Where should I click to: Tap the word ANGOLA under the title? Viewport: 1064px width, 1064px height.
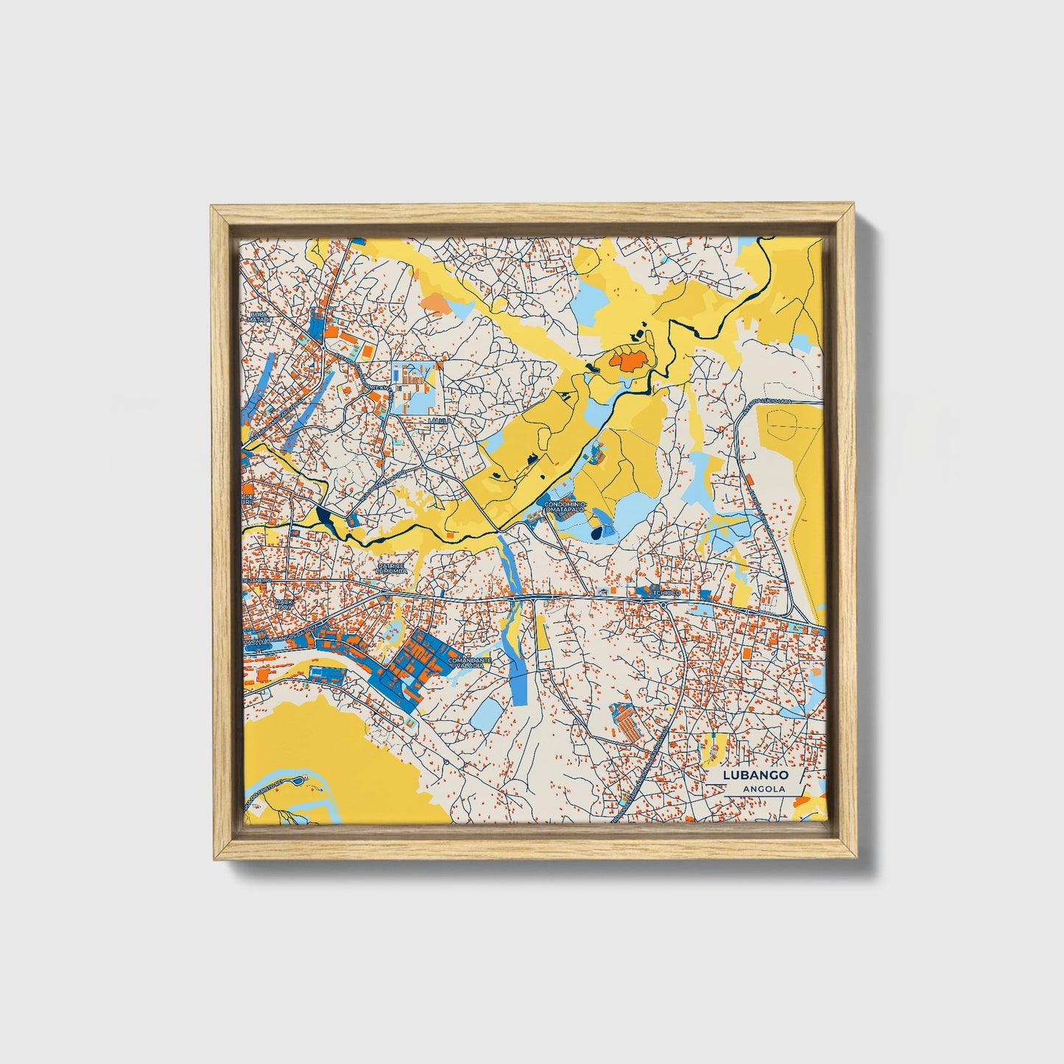click(763, 789)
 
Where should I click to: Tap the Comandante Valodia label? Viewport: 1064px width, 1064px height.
click(471, 663)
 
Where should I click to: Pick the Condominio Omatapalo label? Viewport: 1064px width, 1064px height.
click(566, 507)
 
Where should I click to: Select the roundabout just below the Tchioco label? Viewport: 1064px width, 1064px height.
click(663, 605)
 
